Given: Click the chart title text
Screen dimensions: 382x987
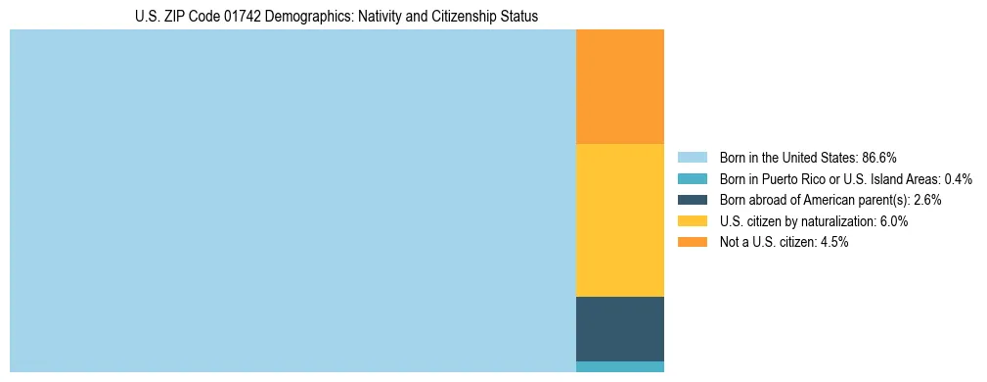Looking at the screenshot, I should [x=336, y=17].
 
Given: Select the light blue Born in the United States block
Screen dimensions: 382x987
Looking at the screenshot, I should [x=292, y=201].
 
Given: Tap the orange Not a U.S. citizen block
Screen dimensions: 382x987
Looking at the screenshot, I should [x=620, y=87].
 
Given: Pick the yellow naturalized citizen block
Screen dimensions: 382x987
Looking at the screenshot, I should [x=620, y=220].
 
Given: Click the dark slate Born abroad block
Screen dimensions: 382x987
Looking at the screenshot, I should [x=620, y=329].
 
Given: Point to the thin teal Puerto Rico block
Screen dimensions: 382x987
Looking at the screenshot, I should [x=620, y=367].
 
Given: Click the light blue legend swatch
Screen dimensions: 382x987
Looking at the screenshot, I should [x=692, y=158].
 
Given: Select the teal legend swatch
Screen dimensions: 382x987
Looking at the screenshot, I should [x=692, y=179].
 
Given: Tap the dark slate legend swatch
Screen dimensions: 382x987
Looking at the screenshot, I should [x=692, y=200].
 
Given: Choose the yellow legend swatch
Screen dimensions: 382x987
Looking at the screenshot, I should [x=692, y=221].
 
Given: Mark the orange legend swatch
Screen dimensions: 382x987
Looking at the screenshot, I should [x=692, y=242].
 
